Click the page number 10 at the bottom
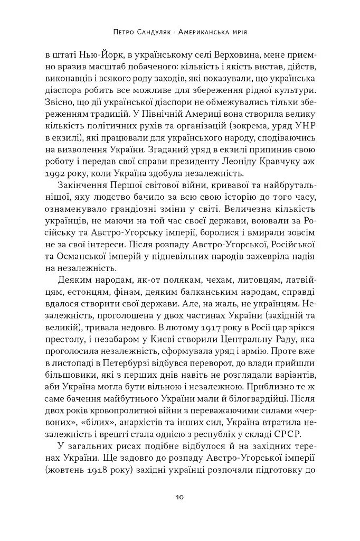pyautogui.click(x=179, y=497)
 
